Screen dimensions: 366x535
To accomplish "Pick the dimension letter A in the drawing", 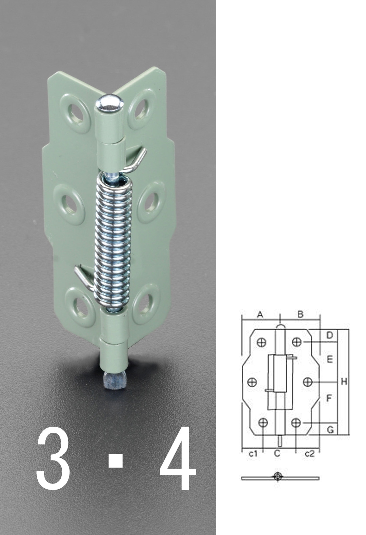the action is coord(260,314).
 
